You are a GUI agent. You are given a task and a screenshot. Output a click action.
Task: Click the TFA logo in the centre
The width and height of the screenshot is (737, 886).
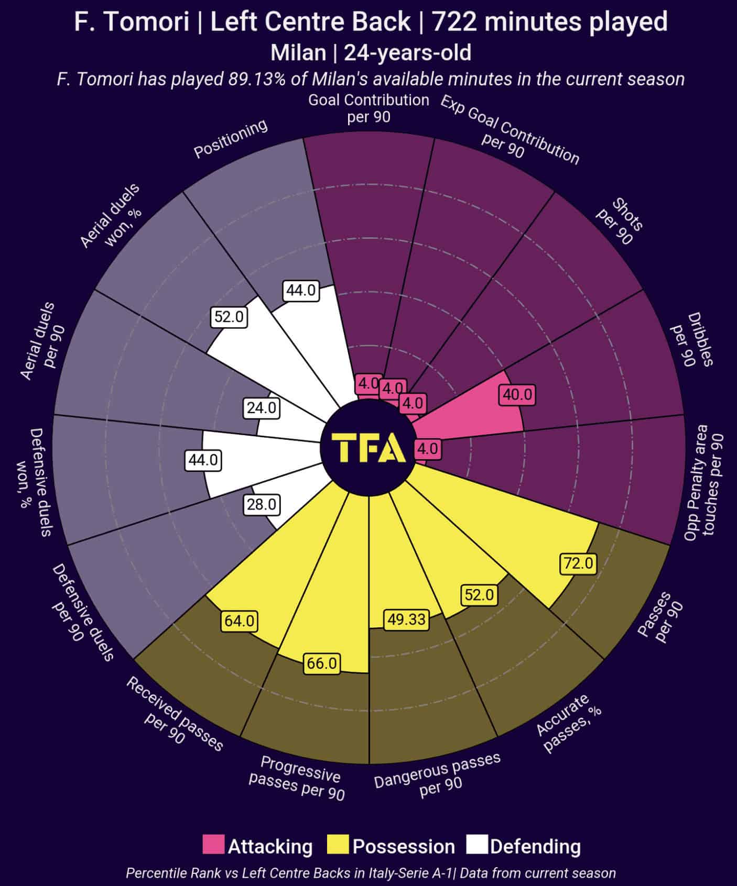369,449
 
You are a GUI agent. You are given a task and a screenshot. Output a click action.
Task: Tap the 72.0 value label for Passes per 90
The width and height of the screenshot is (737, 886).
578,563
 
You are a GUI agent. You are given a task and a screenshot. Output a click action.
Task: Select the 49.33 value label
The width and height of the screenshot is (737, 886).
406,619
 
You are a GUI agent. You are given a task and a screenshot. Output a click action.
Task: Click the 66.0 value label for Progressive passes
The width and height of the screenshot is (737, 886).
322,663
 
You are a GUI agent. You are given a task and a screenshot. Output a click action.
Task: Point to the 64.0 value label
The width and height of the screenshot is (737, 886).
240,621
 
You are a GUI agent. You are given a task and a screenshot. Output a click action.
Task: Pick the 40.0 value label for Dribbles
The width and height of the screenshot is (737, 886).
517,394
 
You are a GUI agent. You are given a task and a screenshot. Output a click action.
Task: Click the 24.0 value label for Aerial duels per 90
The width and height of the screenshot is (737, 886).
261,408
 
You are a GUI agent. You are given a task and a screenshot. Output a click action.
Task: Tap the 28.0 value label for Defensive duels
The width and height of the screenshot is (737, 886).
262,504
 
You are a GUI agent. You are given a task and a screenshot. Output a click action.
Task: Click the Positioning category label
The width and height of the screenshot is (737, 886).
231,138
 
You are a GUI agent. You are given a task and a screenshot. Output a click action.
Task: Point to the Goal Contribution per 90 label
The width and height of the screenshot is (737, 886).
369,108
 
